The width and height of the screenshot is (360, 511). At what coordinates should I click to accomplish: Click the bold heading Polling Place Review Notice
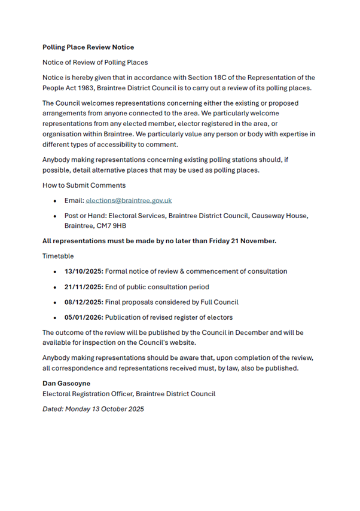coord(88,47)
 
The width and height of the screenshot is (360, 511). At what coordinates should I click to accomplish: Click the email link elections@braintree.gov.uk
coord(129,201)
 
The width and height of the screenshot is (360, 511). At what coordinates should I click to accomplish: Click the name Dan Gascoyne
coord(66,383)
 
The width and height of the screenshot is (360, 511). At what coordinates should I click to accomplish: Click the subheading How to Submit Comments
coord(84,185)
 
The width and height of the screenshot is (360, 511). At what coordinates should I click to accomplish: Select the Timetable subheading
coord(59,256)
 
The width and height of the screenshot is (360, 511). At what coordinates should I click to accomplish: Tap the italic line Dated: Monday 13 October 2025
coord(93,409)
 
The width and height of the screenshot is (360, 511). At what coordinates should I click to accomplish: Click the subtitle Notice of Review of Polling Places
coord(95,62)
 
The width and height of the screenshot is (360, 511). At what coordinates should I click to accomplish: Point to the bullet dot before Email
coord(55,201)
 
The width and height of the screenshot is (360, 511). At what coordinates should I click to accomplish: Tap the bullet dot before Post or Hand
coord(55,216)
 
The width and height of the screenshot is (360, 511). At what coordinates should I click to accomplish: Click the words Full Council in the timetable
coord(216,302)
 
